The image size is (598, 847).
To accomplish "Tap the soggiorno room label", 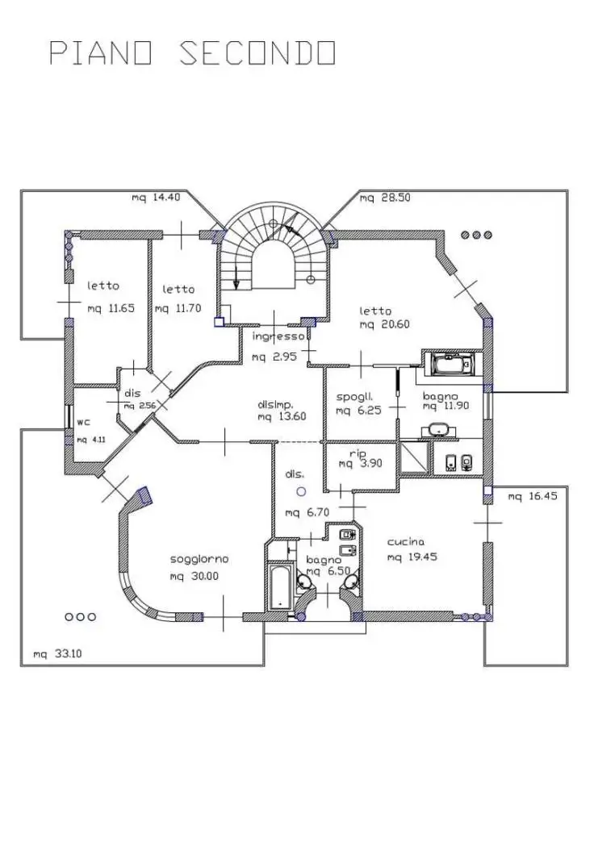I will coord(199,558).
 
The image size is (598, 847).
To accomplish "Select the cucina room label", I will coord(405,542).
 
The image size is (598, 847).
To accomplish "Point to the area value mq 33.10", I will coord(56,654).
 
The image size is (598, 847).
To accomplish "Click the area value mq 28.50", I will coord(386,198).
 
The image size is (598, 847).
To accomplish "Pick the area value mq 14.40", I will coord(156,198).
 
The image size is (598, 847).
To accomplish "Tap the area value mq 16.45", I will coord(533,497).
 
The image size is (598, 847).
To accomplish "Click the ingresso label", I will coord(278,336).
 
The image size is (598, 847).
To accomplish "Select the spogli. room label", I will coord(353,397).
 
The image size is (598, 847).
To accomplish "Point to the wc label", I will coord(83,422).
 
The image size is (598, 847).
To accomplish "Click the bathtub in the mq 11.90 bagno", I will coord(450,365).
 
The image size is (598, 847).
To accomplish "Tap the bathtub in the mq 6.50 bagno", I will coord(278,586).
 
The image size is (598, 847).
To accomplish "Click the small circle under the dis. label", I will coord(301,490).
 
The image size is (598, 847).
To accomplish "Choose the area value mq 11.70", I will coord(177,308).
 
